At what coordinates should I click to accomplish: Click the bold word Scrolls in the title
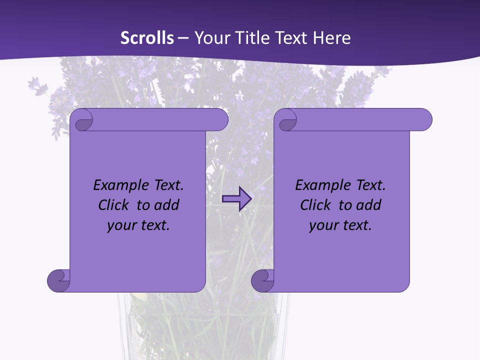[147, 38]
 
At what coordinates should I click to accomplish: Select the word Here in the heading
[332, 38]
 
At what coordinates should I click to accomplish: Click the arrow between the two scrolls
[237, 198]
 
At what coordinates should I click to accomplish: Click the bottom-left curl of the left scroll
[58, 280]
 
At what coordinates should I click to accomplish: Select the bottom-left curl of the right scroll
[262, 280]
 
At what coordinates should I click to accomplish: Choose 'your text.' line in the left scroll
[138, 225]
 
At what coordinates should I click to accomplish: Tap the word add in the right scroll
[367, 205]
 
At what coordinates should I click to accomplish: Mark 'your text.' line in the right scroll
[340, 225]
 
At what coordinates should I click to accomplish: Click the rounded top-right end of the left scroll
[219, 119]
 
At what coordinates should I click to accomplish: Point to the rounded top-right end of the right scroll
[423, 119]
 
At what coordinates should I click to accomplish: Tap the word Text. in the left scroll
[165, 185]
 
